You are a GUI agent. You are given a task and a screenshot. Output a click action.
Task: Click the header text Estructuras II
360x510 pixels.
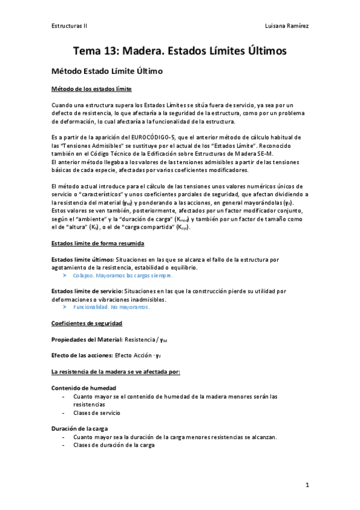tap(70, 26)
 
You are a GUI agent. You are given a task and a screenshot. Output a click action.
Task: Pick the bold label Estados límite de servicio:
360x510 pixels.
tap(88, 291)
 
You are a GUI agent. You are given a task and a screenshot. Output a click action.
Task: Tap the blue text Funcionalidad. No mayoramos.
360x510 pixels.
tap(111, 307)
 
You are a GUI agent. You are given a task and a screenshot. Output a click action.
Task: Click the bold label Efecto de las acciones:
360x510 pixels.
tap(82, 355)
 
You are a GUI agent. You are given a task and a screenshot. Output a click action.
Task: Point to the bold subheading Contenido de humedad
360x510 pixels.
tap(84, 388)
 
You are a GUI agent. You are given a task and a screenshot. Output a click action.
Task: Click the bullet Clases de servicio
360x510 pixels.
tap(96, 413)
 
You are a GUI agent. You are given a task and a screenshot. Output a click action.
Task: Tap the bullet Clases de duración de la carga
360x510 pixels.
tap(114, 445)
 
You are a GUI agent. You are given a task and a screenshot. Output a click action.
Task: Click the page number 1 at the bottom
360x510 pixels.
tap(307, 484)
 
